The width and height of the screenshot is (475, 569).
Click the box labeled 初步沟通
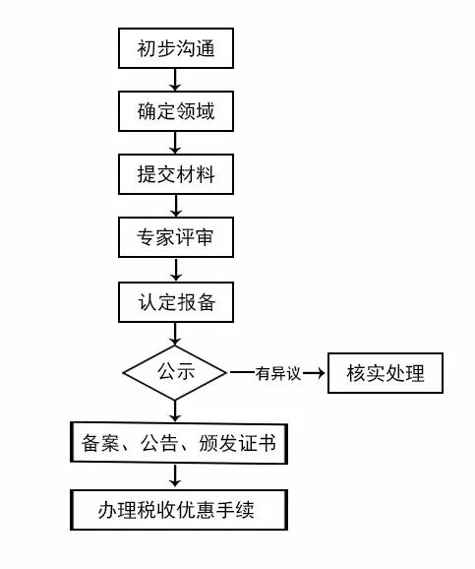point(176,48)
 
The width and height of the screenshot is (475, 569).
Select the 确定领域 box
point(176,111)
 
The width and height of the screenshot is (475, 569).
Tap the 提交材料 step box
point(176,174)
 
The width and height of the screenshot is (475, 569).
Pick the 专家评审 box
point(176,237)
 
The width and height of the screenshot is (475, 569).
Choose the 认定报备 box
point(176,302)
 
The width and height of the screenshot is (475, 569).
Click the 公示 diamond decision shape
point(175,373)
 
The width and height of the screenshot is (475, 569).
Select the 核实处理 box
point(386,373)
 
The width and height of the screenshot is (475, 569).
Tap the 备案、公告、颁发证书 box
point(179,443)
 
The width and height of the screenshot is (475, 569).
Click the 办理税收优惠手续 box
point(179,510)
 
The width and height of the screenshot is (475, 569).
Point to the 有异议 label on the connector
point(278,373)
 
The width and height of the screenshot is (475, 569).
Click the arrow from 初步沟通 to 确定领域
point(175,80)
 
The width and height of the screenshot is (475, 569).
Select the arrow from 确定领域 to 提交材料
point(175,143)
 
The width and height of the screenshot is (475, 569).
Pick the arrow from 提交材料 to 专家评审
point(175,206)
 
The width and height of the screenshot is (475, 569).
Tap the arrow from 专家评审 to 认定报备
point(175,270)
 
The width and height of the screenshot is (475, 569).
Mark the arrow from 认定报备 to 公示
point(175,335)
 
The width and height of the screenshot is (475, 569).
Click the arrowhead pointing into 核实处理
point(321,373)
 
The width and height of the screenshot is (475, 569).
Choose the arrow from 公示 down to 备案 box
point(175,411)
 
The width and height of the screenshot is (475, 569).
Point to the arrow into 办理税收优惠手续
point(175,476)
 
